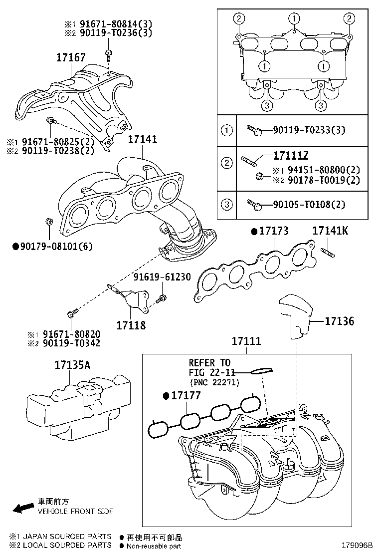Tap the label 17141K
[x=331, y=231]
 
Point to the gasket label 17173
[x=273, y=231]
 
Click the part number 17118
[x=131, y=325]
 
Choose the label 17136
[x=339, y=321]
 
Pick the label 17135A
[x=73, y=365]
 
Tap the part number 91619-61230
[x=162, y=277]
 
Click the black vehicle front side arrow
[x=22, y=509]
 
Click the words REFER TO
[x=209, y=363]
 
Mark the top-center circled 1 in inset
[x=295, y=19]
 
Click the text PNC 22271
[x=215, y=382]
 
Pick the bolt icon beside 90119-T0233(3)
[x=255, y=131]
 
